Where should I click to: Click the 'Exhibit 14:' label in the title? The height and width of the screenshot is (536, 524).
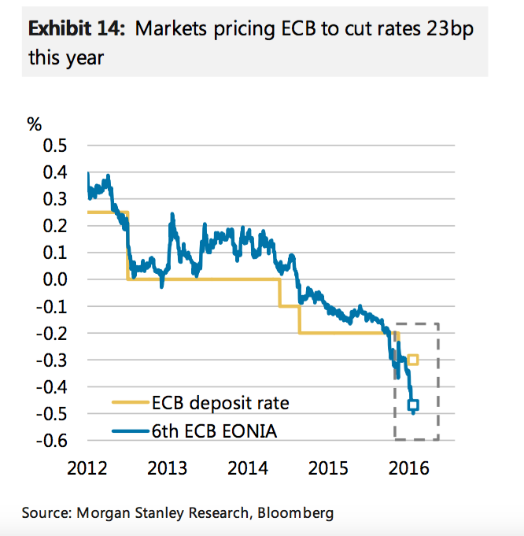coord(77,29)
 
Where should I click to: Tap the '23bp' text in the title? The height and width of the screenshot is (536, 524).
coord(452,29)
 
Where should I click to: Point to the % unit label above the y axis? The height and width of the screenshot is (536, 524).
coord(34,124)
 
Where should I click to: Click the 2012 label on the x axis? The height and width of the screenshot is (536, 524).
coord(87,468)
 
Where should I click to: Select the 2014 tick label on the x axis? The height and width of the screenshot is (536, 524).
coord(248,468)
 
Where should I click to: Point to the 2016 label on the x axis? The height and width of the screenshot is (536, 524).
coord(408,468)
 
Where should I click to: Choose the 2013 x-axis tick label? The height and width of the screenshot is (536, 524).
coord(168,468)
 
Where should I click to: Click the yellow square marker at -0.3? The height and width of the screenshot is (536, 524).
coord(413,360)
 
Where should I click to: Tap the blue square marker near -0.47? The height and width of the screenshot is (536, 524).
coord(413,405)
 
